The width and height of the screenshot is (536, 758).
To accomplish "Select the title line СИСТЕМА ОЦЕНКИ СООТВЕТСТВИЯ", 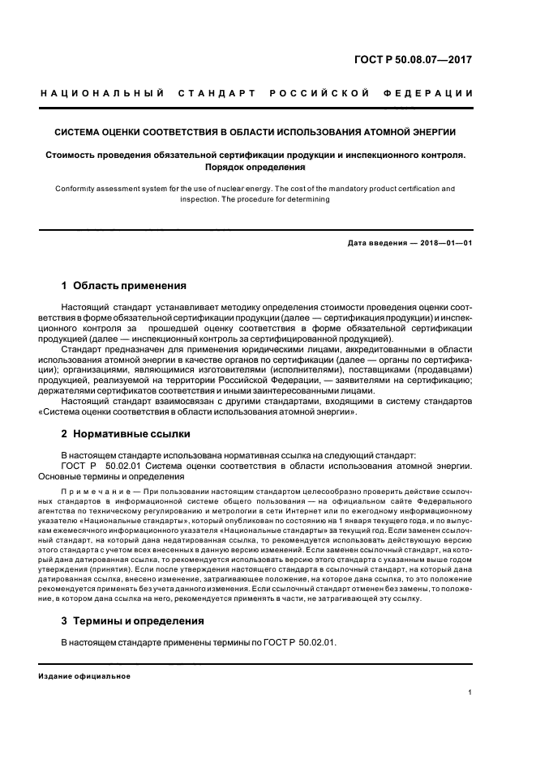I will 255,131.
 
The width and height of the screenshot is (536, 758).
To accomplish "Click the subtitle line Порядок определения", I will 255,168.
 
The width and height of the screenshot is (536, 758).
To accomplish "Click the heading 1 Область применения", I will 124,286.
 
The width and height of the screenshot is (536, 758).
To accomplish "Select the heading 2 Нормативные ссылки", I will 126,435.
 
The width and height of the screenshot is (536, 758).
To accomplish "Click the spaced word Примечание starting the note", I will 93,492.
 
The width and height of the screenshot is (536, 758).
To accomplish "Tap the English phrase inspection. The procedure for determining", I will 255,198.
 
